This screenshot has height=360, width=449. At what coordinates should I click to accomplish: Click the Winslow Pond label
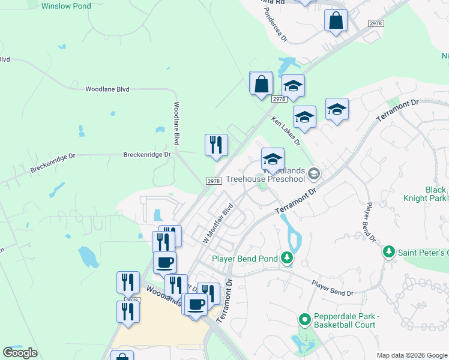66,7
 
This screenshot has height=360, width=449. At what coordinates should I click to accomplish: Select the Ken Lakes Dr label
285,131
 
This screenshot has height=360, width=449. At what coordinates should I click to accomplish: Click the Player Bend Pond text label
244,259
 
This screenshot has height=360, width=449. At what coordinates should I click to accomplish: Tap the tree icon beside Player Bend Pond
287,259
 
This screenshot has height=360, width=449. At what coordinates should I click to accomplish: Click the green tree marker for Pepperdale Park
304,320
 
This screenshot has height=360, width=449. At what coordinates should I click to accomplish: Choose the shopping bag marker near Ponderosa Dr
336,21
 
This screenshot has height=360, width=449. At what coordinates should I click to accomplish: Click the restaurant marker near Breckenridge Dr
216,145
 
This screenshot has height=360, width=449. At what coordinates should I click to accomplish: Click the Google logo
20,353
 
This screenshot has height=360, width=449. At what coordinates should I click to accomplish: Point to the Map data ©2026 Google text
412,355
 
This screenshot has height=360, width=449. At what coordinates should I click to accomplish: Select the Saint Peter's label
423,253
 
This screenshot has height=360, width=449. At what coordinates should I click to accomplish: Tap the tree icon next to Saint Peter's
389,252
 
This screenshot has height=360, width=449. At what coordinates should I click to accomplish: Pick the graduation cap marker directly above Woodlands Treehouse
273,160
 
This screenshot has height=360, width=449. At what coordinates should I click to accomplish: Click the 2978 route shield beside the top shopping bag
375,23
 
